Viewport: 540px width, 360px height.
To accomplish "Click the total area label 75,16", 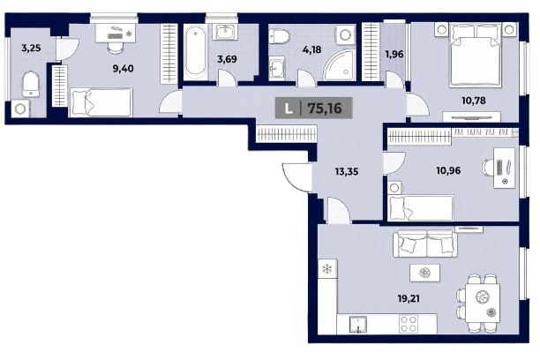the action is (x=325, y=109).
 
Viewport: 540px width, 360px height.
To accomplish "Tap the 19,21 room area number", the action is (x=409, y=298).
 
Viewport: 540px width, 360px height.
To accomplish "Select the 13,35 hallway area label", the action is (x=347, y=171).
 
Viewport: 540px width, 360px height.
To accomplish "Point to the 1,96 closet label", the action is (x=394, y=55).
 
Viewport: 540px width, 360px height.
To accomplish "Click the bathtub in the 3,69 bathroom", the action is (x=195, y=52).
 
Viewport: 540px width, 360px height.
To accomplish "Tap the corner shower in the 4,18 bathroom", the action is (x=339, y=65).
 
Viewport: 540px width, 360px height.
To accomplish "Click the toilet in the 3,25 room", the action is (x=31, y=84).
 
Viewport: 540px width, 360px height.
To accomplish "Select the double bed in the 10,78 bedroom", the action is (x=476, y=55).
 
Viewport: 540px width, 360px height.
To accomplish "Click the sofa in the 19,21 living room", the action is (x=425, y=244).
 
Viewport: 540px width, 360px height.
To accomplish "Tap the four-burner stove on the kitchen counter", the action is (x=409, y=324).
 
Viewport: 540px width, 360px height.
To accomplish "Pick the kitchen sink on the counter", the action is (x=358, y=325).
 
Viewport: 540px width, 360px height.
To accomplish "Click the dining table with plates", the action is (x=483, y=303).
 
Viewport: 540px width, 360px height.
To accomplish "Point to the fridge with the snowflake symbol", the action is (x=327, y=269).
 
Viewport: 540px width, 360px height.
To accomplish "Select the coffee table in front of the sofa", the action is (x=425, y=273).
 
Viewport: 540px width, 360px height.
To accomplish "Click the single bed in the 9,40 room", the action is (x=101, y=102).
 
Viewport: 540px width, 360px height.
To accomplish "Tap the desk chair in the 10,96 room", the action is (x=488, y=168).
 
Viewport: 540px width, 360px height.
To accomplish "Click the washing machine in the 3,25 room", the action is (x=20, y=109).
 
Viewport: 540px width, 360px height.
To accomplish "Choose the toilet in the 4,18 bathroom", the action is (x=280, y=36).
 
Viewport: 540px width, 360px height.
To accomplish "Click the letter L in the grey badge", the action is (x=289, y=109).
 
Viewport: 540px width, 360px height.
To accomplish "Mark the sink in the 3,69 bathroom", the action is (x=226, y=32).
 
